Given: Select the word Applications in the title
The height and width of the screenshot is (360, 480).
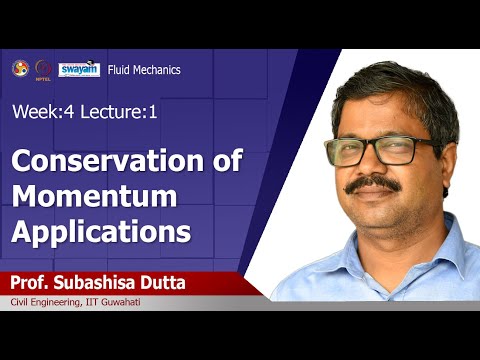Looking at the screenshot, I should (101, 232).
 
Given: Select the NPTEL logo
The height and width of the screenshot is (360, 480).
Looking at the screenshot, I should (43, 68).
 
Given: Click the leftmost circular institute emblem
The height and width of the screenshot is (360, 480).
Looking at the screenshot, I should (19, 67).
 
